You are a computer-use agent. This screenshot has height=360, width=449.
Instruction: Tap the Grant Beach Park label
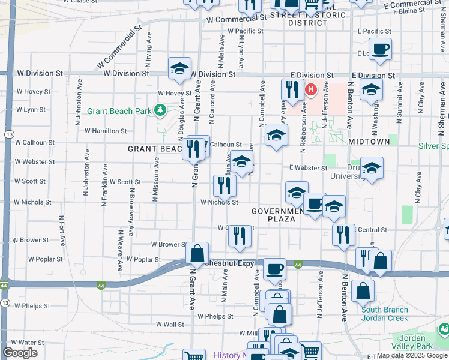point(119,111)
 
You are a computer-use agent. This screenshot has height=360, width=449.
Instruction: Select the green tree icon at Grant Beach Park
point(160,110)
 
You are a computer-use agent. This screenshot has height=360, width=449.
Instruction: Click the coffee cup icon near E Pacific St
point(380,49)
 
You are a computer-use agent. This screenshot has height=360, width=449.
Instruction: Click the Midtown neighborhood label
point(369,140)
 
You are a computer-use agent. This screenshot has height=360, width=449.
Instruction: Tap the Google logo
point(20,353)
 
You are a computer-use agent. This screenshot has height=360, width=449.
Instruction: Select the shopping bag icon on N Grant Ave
point(197,254)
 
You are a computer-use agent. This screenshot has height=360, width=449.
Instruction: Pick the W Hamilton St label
point(106,130)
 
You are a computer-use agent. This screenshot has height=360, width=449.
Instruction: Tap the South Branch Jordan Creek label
point(384,314)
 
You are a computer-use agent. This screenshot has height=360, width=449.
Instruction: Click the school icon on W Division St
point(179,70)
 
